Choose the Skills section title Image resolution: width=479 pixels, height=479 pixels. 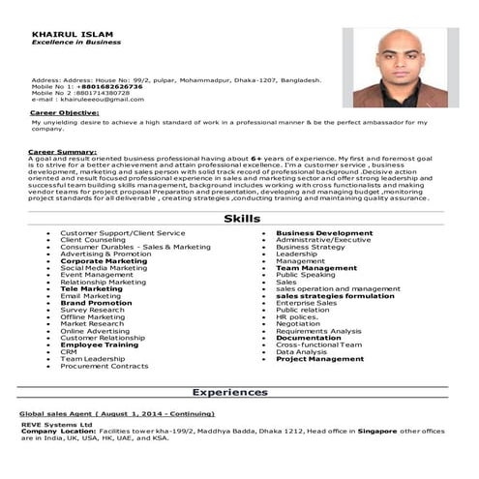(x=241, y=219)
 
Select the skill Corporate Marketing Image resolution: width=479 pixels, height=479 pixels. (x=104, y=261)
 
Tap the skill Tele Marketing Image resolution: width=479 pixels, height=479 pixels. (x=91, y=288)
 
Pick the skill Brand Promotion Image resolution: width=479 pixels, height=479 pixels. (x=96, y=303)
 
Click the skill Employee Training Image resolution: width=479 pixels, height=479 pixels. (x=99, y=344)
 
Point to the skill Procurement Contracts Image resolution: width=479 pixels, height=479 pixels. (x=104, y=366)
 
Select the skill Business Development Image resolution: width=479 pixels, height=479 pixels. (x=324, y=233)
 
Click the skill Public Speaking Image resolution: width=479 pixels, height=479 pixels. (x=306, y=275)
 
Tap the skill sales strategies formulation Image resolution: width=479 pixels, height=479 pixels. (x=335, y=296)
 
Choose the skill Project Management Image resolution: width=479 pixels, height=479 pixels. (x=319, y=359)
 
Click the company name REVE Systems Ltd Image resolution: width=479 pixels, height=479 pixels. (x=59, y=423)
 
